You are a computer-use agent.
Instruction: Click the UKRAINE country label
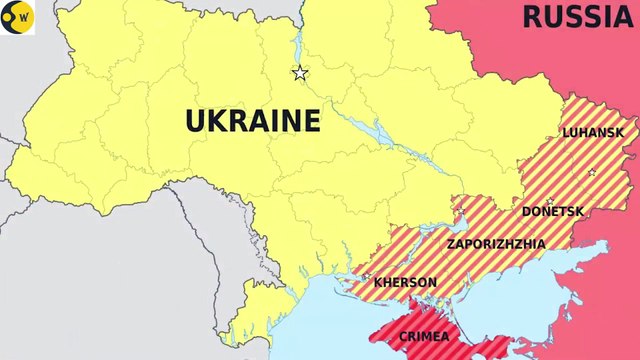(x=253, y=122)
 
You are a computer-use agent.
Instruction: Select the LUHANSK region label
(x=593, y=132)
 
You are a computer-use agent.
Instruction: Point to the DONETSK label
(x=553, y=211)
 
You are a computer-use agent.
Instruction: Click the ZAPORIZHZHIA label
(x=497, y=243)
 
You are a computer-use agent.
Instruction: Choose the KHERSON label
(x=405, y=282)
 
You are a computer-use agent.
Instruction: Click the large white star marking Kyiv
(x=299, y=72)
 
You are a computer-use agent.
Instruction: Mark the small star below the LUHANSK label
(x=591, y=172)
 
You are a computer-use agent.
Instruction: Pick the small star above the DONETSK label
(x=549, y=201)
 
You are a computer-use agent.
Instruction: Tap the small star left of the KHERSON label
(x=368, y=281)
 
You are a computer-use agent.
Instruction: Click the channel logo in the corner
(x=18, y=18)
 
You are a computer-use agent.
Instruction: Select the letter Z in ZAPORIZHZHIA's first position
(x=452, y=243)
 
